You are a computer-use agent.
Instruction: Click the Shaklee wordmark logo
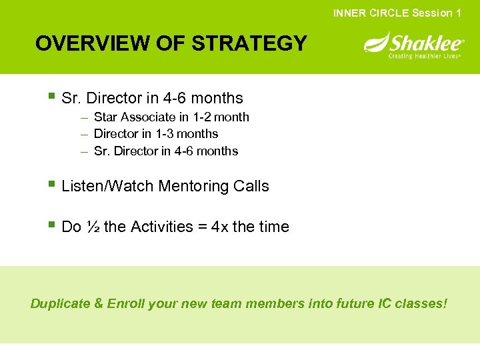coord(426,44)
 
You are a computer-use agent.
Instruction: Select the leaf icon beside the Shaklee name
coord(375,43)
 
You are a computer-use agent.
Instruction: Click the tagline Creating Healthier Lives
coord(425,56)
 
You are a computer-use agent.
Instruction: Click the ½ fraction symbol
coord(92,227)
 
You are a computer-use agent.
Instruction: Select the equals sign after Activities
coord(202,227)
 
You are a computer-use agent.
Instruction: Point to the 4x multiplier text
coord(219,227)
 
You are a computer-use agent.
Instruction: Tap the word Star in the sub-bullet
coord(105,117)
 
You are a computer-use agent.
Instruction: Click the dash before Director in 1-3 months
coord(85,134)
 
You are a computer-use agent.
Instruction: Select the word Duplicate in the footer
coord(60,304)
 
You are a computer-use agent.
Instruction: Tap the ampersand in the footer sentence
coord(99,304)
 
